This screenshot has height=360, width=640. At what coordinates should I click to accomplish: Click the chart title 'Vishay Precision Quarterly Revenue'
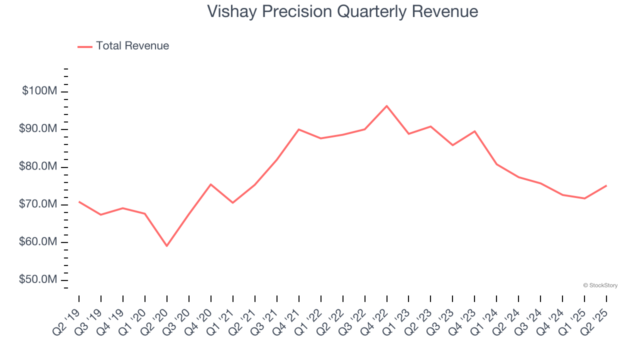[x=342, y=11]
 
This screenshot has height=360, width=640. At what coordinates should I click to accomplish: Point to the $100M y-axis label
[x=39, y=91]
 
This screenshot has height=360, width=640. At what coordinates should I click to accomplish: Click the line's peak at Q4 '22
[x=386, y=106]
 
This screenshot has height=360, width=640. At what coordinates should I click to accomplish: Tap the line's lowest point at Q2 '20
[x=166, y=246]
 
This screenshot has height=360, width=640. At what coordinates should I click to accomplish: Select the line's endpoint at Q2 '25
[x=606, y=185]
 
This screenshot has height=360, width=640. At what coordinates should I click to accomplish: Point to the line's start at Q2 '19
[x=79, y=201]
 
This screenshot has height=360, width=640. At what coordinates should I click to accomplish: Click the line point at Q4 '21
[x=298, y=129]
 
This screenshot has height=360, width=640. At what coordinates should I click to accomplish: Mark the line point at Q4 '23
[x=474, y=131]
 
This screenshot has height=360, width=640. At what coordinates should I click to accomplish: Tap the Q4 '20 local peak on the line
[x=210, y=184]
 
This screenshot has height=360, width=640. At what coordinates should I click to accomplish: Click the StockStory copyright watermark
[x=600, y=285]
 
